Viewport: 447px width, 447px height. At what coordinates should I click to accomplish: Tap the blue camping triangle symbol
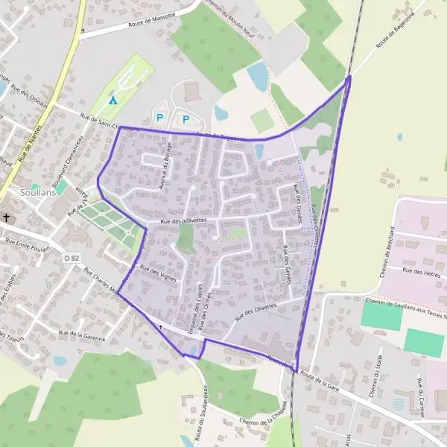tap(113, 101)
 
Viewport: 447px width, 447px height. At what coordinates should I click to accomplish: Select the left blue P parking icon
tap(159, 117)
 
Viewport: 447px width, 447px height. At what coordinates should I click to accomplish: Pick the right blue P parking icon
tap(186, 118)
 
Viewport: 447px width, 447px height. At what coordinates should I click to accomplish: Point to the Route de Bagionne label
tap(394, 35)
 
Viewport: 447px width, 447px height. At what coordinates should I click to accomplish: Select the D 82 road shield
tap(72, 258)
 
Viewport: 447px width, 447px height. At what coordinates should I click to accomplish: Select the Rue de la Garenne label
tap(82, 335)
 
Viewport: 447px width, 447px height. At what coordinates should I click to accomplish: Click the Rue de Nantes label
tap(31, 145)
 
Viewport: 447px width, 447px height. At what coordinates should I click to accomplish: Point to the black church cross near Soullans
tap(7, 218)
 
